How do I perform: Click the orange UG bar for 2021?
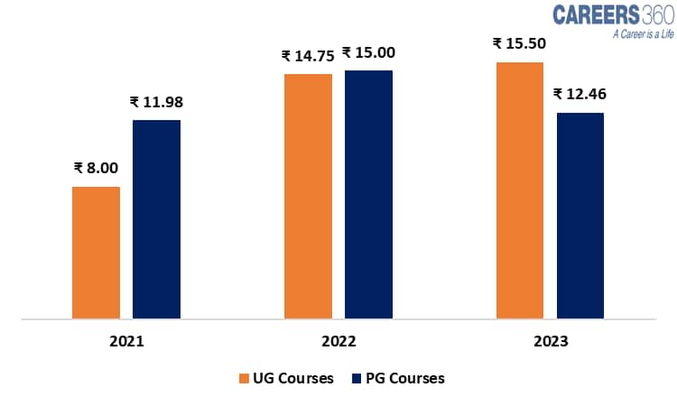coord(96,253)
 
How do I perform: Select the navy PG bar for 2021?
coord(156,219)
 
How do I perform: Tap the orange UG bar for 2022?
coord(308,196)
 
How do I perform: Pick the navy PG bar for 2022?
coord(368,194)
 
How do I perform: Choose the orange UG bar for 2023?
coord(520,190)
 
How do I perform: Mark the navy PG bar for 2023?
coord(580,216)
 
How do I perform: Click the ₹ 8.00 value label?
coord(97,167)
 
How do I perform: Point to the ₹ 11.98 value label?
coord(157,101)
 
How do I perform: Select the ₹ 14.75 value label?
coord(308,55)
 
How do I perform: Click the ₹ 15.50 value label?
coord(521,43)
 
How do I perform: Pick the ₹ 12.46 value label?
coord(580,93)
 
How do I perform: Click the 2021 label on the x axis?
coord(125,343)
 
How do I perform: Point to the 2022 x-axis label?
coord(338,343)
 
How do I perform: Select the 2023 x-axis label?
coord(551,343)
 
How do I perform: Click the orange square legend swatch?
coord(244,378)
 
